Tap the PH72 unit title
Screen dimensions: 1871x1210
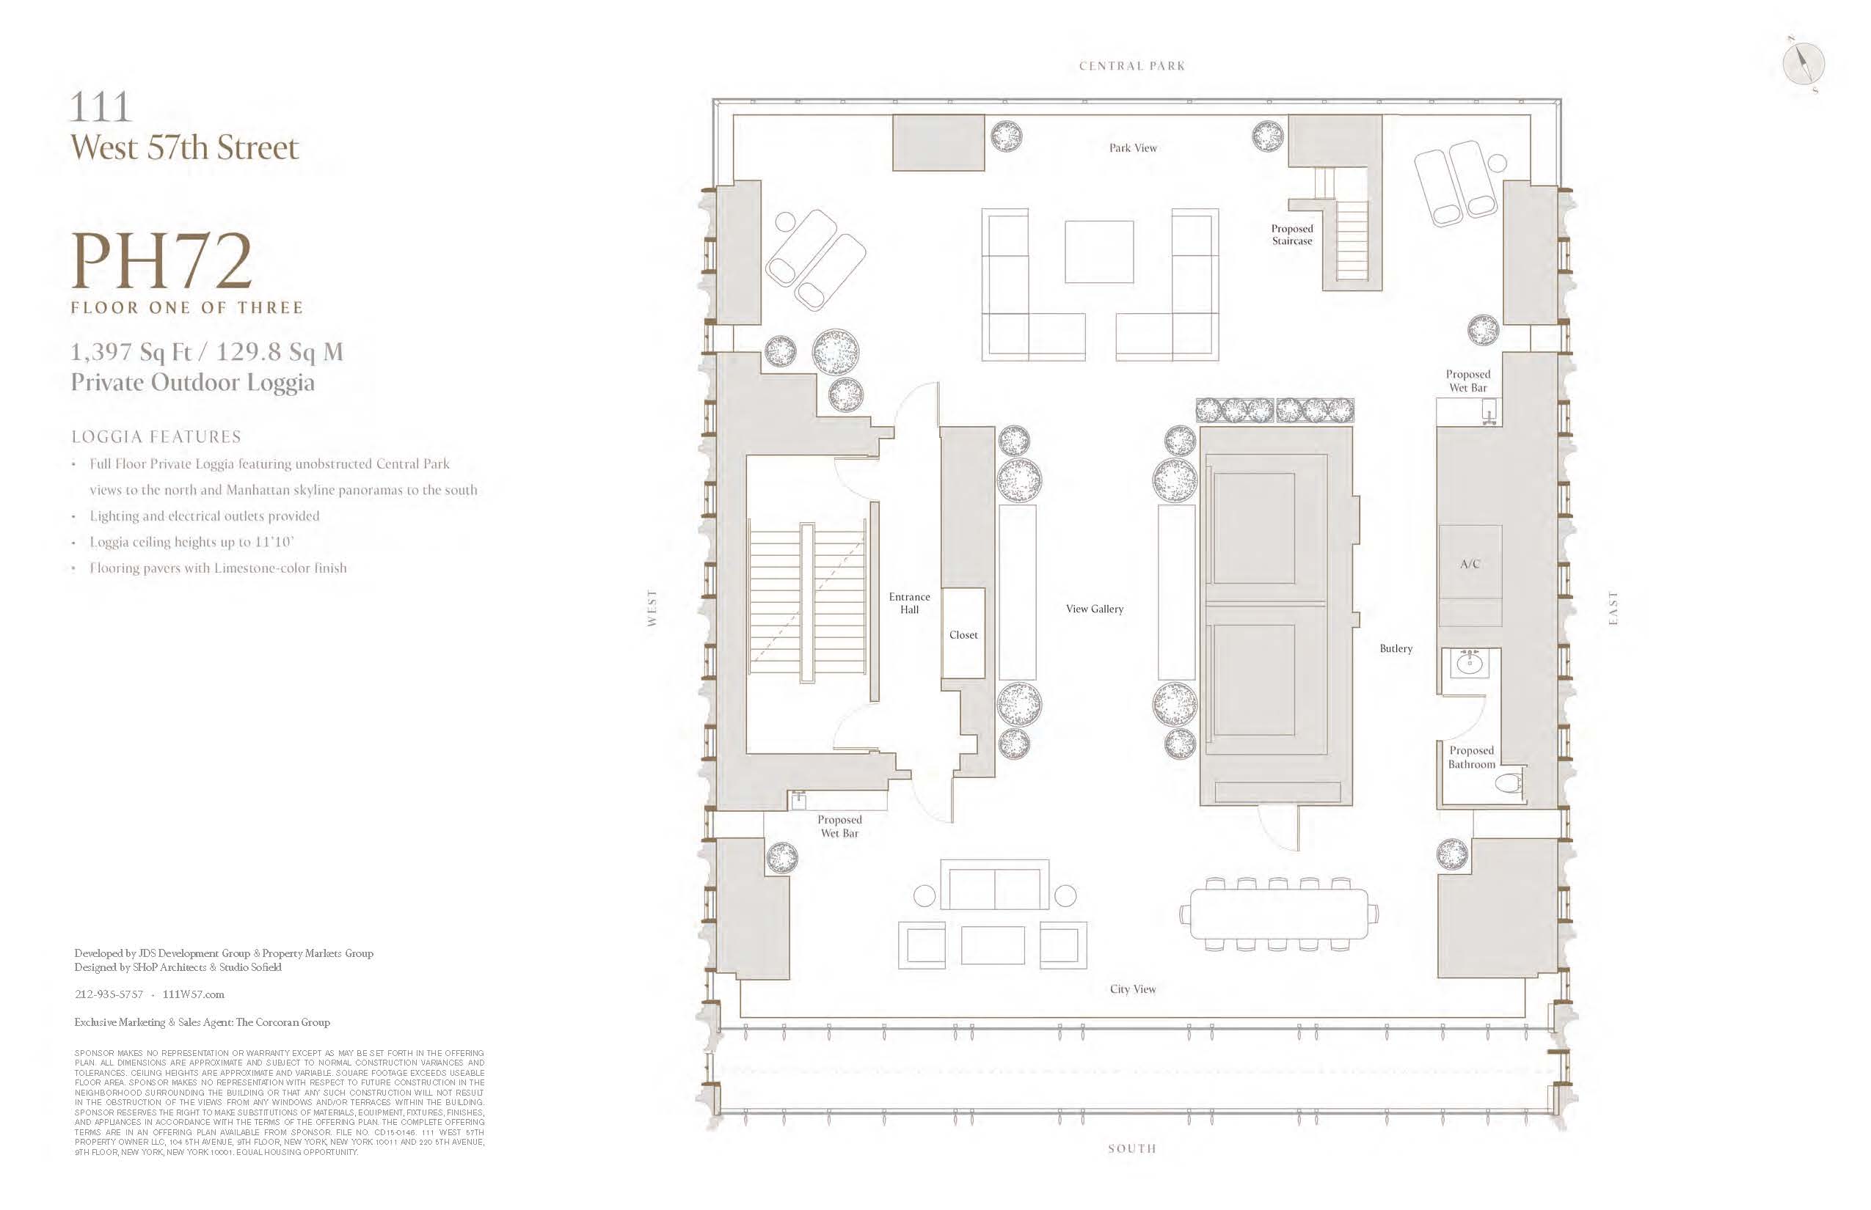[162, 262]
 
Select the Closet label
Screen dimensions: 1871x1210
[963, 635]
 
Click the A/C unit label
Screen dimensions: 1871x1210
[1469, 564]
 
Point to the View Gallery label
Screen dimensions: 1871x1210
[1094, 609]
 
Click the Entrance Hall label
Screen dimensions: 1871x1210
[910, 603]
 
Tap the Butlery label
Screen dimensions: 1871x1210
[1396, 648]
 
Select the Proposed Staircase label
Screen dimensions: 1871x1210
[1291, 235]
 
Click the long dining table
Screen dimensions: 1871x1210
[1279, 914]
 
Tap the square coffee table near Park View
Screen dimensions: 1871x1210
[1099, 252]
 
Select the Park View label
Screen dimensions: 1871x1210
[1133, 147]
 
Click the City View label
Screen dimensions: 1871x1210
[1133, 989]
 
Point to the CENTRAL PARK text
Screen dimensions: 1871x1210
[1132, 66]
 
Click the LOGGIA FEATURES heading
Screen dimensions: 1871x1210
[156, 437]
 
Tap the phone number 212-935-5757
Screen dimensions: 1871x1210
[109, 994]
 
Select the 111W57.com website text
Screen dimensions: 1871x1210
[194, 994]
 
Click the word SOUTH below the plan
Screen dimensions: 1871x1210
[1132, 1148]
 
